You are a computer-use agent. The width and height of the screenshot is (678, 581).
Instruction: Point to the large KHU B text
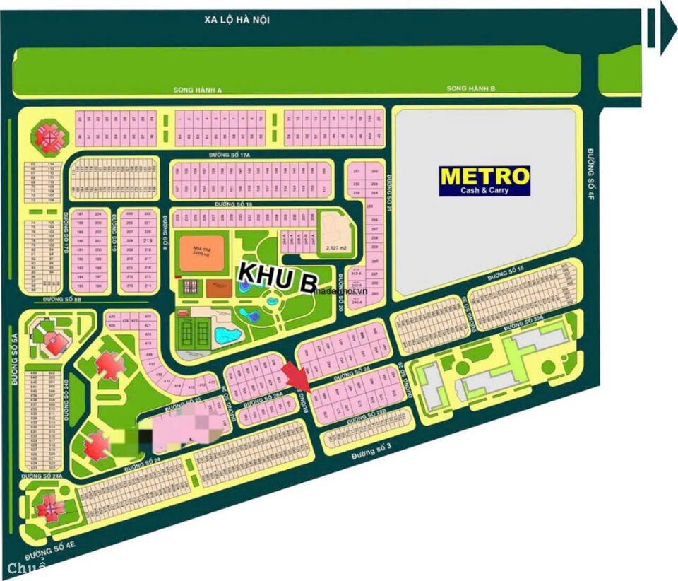277,276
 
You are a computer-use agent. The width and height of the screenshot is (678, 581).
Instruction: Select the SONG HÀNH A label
198,90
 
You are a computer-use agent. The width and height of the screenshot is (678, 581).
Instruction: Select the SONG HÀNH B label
471,88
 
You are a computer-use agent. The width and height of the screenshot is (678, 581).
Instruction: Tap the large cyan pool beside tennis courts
225,334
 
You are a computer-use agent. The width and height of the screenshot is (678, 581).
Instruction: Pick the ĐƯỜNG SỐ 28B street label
364,419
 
